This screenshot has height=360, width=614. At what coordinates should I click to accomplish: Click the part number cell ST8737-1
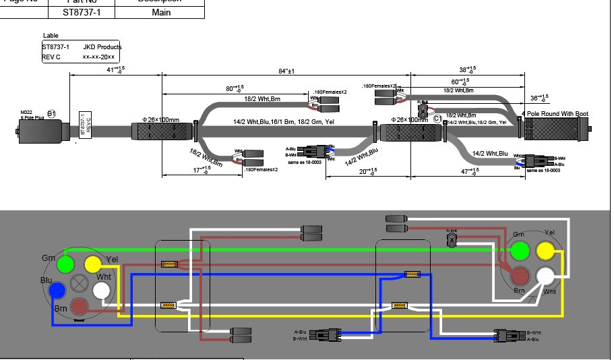click(x=82, y=11)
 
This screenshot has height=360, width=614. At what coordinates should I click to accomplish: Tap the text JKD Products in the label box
click(x=102, y=47)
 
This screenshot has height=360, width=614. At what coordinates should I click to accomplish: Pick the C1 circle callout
click(x=437, y=119)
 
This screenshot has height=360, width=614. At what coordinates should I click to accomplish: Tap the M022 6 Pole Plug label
click(x=28, y=115)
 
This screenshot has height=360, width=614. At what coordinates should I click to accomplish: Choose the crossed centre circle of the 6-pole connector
click(x=79, y=282)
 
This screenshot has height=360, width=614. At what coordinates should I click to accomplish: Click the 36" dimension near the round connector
click(x=539, y=98)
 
